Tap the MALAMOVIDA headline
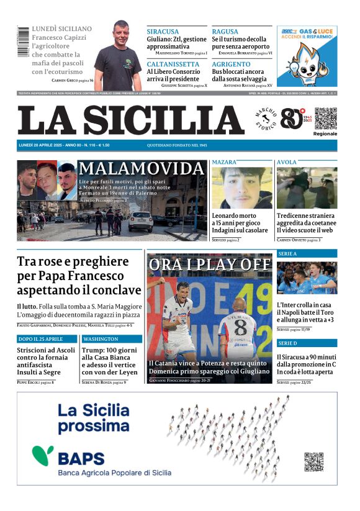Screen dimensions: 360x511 point(142,168)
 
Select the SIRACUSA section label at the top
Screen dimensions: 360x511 point(163,31)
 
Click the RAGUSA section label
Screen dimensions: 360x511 point(225,31)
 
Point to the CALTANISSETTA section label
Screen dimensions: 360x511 point(173,64)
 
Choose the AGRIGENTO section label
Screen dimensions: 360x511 point(231,64)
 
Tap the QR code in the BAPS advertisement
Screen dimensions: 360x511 point(313,462)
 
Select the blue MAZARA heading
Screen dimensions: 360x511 point(225,162)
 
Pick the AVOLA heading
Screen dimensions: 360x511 point(287,162)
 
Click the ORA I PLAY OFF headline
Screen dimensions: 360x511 point(210,264)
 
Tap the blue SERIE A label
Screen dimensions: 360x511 point(288,253)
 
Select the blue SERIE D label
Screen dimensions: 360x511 point(288,343)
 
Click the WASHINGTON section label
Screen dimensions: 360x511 point(101,339)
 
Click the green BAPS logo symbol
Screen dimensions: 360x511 point(43,456)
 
